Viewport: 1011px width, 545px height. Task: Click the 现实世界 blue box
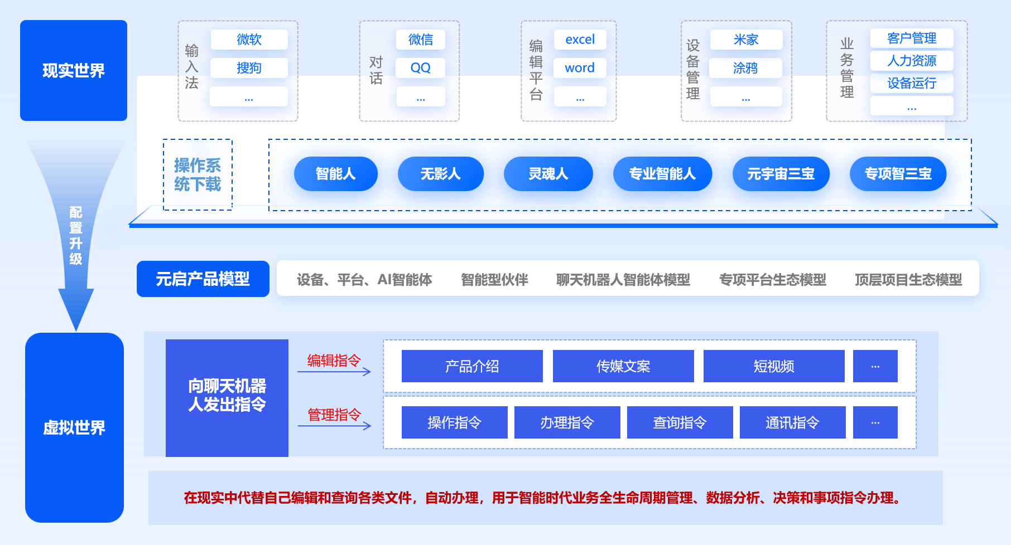click(x=74, y=71)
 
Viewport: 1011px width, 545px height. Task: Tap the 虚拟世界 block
click(x=74, y=427)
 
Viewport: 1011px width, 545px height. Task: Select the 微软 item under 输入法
click(x=249, y=40)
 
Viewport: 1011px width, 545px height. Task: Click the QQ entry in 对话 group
click(x=420, y=68)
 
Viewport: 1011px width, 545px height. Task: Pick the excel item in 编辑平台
click(x=580, y=40)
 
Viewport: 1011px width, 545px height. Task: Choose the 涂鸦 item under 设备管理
click(x=745, y=68)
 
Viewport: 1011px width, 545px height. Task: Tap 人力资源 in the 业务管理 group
click(x=912, y=61)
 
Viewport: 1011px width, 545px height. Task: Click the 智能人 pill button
click(x=335, y=174)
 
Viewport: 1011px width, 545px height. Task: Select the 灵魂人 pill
click(x=548, y=174)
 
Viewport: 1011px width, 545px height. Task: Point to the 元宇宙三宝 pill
click(x=781, y=174)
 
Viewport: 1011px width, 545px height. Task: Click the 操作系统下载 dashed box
click(x=198, y=174)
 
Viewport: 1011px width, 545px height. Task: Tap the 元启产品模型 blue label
click(x=203, y=279)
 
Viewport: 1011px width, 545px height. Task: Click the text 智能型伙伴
click(x=494, y=279)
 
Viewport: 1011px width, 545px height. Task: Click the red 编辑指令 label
click(x=334, y=361)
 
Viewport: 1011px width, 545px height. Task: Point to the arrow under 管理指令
click(x=334, y=426)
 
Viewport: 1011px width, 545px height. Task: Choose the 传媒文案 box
click(x=623, y=366)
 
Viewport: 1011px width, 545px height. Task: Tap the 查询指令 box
click(x=680, y=422)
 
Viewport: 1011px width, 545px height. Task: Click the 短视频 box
click(x=774, y=366)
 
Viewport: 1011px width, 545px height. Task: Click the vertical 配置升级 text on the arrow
click(x=76, y=235)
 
